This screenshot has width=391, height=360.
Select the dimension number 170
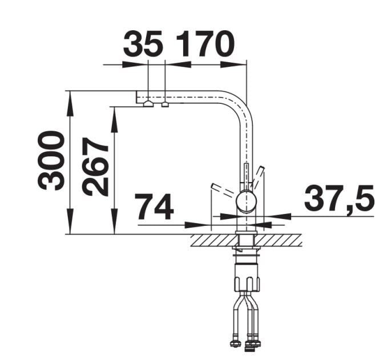coord(205,44)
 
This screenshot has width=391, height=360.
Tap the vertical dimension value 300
coord(51,160)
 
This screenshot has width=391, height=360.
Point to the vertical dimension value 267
coord(95,167)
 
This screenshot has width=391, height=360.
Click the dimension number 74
coord(154,207)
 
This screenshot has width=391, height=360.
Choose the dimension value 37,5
coord(339,197)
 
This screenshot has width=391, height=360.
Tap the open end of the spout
coord(136,97)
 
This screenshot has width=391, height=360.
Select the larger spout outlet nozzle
coord(148,104)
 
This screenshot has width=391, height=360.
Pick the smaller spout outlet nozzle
coord(165,105)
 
